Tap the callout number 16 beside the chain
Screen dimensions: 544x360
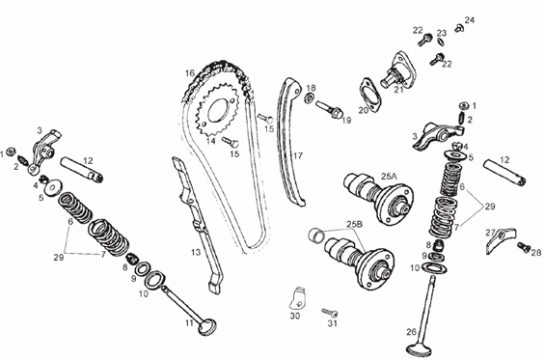pyautogui.click(x=190, y=73)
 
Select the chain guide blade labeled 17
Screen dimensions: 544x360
pyautogui.click(x=290, y=142)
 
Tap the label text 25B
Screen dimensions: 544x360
pyautogui.click(x=355, y=224)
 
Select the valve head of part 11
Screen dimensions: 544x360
pyautogui.click(x=207, y=327)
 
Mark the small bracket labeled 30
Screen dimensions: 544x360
pyautogui.click(x=298, y=298)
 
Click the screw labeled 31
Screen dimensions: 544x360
pyautogui.click(x=330, y=313)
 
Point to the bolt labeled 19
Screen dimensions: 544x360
pyautogui.click(x=330, y=109)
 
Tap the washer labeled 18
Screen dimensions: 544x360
pyautogui.click(x=309, y=98)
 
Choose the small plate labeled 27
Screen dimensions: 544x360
pyautogui.click(x=500, y=240)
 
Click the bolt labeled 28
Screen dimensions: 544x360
pyautogui.click(x=524, y=247)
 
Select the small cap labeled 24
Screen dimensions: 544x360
pyautogui.click(x=459, y=28)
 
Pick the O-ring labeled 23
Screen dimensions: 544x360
pyautogui.click(x=440, y=42)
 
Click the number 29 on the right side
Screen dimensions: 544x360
pyautogui.click(x=490, y=207)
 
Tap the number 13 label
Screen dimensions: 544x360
pyautogui.click(x=196, y=252)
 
